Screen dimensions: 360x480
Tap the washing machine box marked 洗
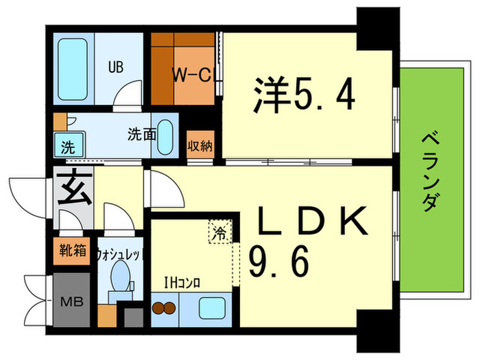[67, 146]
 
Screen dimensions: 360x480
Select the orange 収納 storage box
[200, 145]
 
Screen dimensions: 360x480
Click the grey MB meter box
[71, 300]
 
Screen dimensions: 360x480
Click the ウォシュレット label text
[119, 254]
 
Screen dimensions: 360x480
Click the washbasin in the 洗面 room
[165, 141]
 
